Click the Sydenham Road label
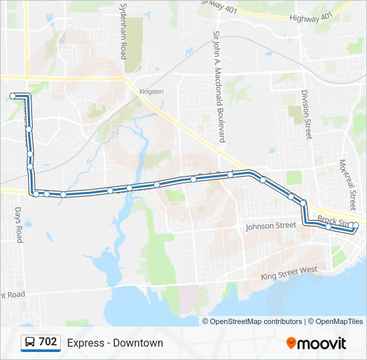pos(123,31)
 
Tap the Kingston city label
pos(151,91)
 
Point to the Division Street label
pos(306,114)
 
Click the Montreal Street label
pos(347,185)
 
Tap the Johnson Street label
pos(270,227)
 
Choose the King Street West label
pos(288,272)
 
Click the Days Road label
pos(19,224)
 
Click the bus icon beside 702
pos(30,343)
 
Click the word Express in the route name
pos(85,343)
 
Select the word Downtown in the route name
pos(138,343)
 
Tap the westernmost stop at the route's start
pos(13,97)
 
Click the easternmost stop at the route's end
pos(355,226)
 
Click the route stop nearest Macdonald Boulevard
pos(230,175)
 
